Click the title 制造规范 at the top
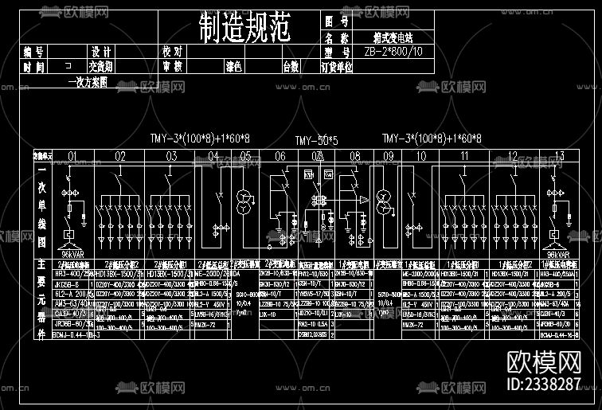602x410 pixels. tap(244, 29)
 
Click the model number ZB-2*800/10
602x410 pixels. tap(393, 52)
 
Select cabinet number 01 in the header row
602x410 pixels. tap(73, 156)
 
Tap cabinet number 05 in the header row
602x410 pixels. tap(246, 156)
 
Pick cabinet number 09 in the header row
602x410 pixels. tap(389, 156)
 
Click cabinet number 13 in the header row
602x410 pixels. tap(559, 156)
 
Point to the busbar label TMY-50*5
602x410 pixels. tap(316, 141)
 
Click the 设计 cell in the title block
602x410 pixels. tap(100, 52)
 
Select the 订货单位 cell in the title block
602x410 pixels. tap(336, 67)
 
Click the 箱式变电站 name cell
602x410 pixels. tap(393, 37)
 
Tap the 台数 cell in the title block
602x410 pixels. tap(291, 67)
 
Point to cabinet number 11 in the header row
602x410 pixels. tap(464, 156)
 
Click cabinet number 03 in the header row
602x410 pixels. tap(171, 156)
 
